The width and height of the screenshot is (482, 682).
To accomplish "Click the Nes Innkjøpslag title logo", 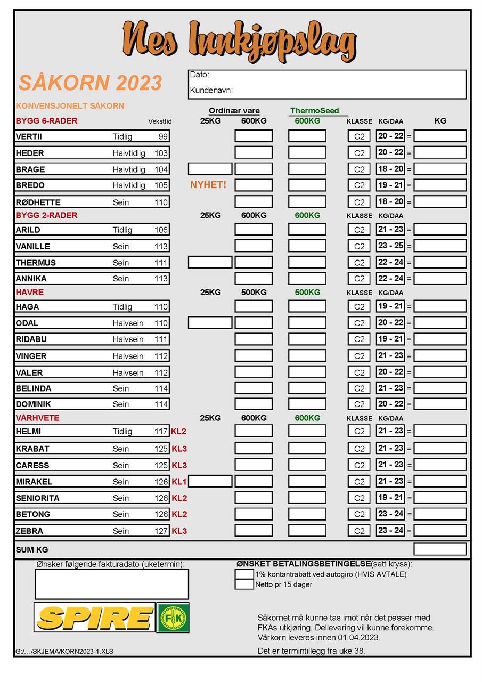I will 239,41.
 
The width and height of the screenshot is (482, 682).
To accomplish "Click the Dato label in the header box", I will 199,75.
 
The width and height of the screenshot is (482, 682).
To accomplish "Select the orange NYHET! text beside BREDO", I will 208,185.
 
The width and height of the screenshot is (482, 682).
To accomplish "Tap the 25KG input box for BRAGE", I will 210,169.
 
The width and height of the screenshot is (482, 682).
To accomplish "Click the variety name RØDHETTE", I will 38,202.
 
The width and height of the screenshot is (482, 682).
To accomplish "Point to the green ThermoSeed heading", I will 314,111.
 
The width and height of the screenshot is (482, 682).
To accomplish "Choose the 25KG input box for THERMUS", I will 210,262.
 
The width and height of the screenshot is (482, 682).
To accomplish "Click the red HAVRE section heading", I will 30,292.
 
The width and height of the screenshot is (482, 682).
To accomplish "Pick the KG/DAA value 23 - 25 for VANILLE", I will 390,246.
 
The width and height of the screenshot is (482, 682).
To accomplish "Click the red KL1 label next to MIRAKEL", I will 179,482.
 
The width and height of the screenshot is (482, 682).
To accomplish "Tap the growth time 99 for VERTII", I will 163,136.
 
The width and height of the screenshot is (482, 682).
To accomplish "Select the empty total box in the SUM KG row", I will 440,549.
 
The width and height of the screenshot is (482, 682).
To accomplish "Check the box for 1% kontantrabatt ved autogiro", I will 244,574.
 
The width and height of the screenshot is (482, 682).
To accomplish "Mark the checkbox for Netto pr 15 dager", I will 244,584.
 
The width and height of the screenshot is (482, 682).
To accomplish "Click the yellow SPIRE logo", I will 94,618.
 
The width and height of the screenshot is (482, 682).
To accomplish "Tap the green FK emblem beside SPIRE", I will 173,618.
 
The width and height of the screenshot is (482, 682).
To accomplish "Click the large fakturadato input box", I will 112,584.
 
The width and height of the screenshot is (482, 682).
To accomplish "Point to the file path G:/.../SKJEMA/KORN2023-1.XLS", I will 64,651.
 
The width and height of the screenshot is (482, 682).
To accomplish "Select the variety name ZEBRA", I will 29,531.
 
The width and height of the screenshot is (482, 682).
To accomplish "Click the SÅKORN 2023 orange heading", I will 90,83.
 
